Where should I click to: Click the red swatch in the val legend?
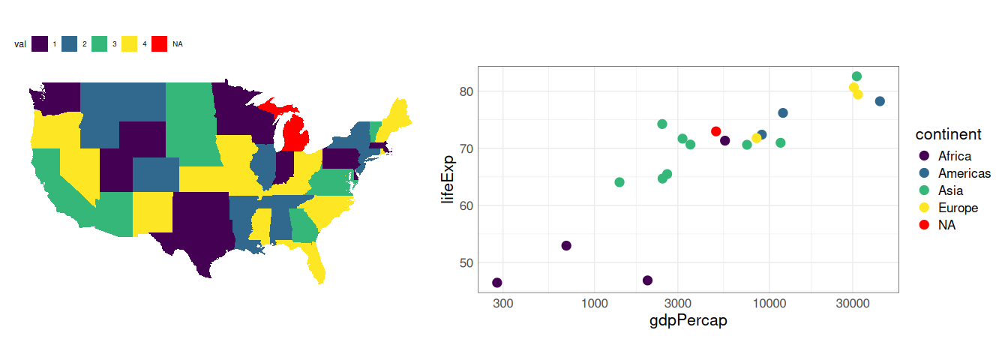(x=160, y=44)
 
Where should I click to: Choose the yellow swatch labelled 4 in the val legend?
(x=130, y=44)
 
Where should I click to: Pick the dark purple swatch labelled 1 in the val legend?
(x=40, y=44)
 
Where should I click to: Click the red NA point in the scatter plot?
(x=716, y=132)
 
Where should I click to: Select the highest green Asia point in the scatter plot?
(x=856, y=76)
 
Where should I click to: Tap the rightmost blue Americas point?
(x=880, y=101)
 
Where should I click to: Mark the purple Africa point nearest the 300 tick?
(x=497, y=283)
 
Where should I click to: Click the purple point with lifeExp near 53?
(x=566, y=246)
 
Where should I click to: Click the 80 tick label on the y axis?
(x=463, y=91)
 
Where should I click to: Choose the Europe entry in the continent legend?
(x=958, y=208)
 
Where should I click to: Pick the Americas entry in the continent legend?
(x=964, y=173)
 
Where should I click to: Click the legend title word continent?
(x=949, y=135)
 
